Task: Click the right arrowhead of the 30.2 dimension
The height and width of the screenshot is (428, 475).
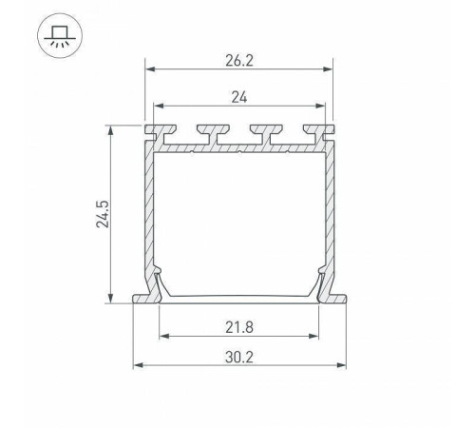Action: pos(340,364)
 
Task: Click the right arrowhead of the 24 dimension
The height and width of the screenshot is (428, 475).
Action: pos(318,106)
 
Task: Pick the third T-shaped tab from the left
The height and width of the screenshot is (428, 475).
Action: pos(256,131)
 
